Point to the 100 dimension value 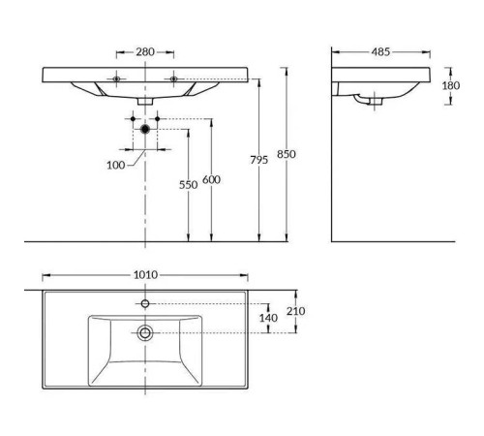[116, 166]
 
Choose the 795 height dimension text [255, 162]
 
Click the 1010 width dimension [145, 275]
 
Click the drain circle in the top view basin [145, 333]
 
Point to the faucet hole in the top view [145, 303]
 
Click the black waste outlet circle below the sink [145, 128]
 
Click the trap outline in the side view [369, 98]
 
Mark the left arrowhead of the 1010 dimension [45, 275]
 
